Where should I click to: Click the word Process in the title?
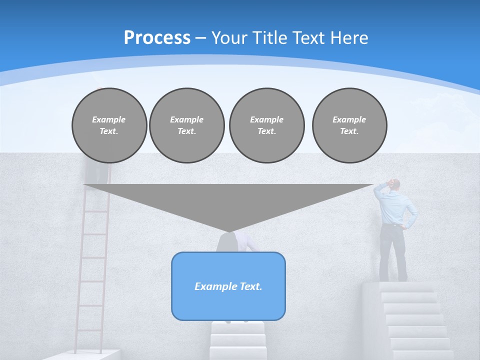(157, 38)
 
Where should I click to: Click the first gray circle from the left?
(109, 125)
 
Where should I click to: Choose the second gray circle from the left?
(187, 125)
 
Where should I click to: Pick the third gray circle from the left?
(266, 125)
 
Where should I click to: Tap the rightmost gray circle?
(349, 125)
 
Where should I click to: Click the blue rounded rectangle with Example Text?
(228, 286)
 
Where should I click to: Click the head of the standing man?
(395, 184)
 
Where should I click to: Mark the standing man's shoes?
(392, 278)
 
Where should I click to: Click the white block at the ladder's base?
(85, 355)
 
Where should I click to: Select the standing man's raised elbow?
(377, 188)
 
